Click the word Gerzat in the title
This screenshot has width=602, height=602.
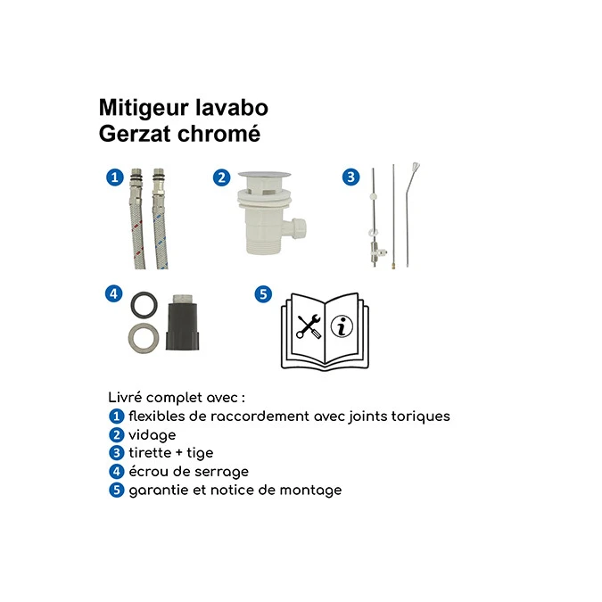tap(133, 135)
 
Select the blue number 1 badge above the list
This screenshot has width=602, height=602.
tap(113, 177)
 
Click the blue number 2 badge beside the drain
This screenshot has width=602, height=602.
tap(221, 177)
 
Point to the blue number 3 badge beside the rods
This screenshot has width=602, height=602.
tap(351, 177)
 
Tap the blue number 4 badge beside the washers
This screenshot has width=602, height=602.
tap(113, 293)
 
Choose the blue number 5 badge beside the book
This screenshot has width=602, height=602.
tap(262, 293)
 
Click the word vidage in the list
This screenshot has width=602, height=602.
tap(153, 435)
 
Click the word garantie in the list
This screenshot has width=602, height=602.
tap(157, 491)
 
